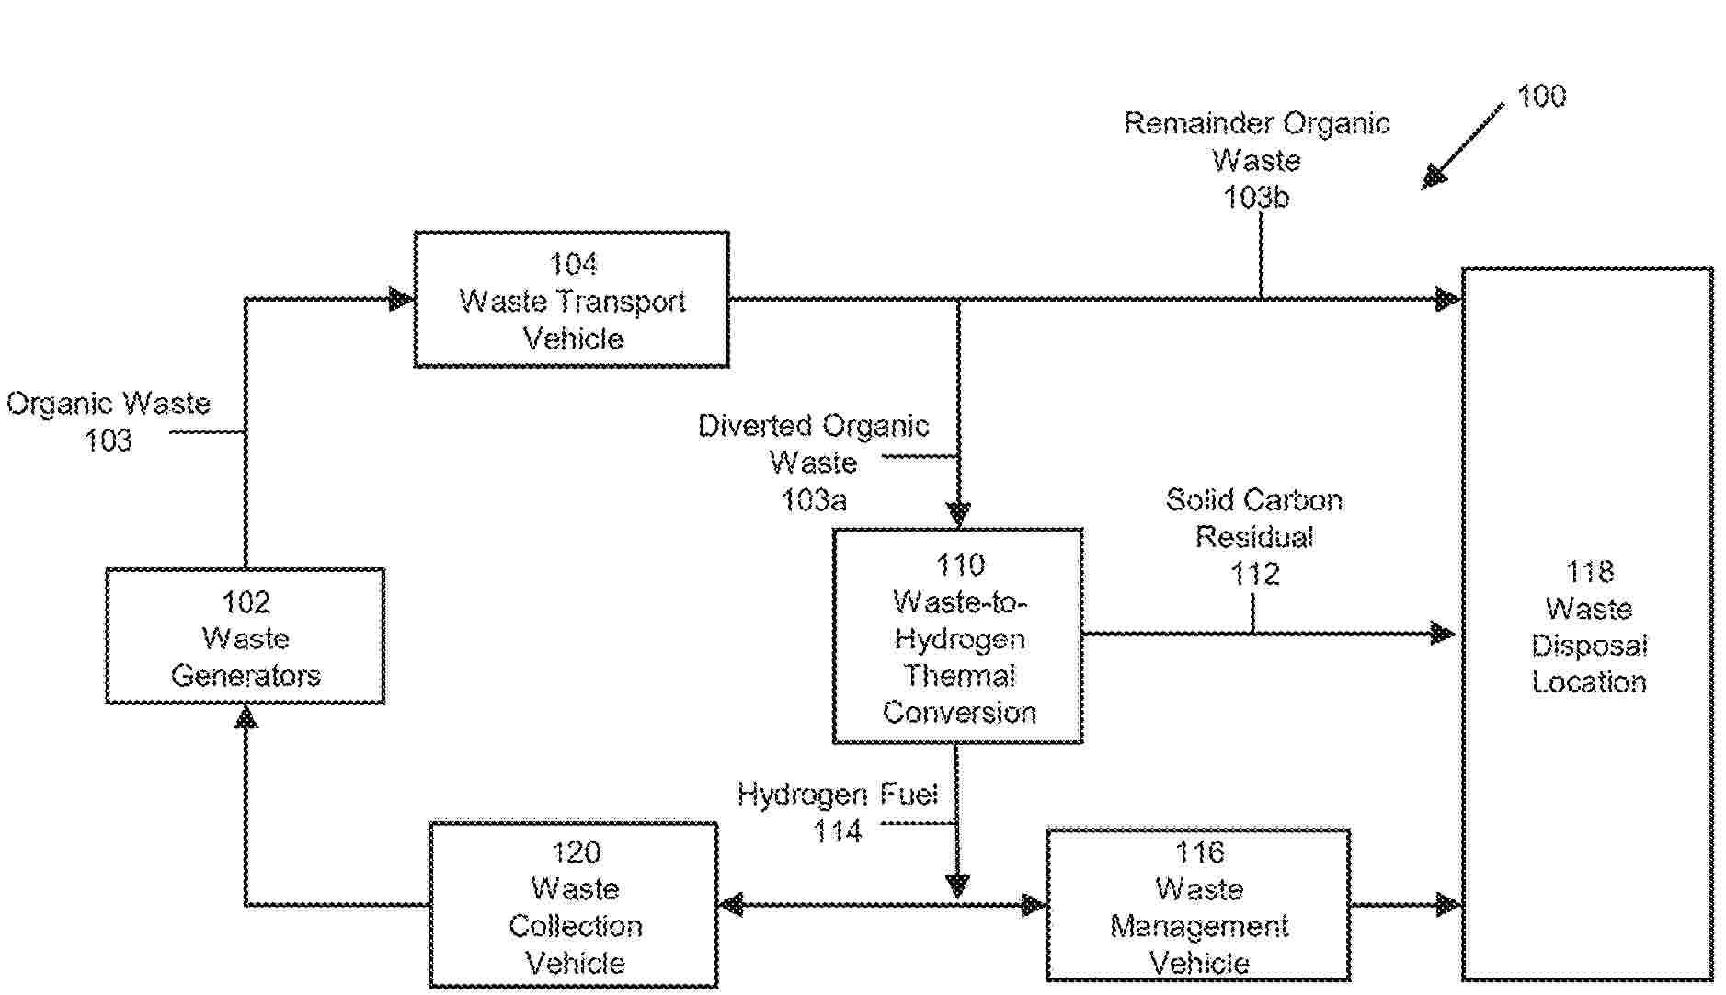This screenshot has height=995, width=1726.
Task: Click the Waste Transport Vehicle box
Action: tap(571, 300)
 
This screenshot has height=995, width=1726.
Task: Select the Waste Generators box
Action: tap(246, 636)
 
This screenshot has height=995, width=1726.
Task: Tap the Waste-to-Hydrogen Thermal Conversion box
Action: tap(957, 636)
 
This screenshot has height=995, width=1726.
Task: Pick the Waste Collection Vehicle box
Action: tap(574, 906)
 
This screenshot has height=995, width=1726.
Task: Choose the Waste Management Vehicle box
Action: tap(1198, 906)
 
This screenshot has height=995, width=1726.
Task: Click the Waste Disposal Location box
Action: tap(1587, 625)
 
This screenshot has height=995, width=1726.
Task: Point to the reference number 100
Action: tap(1541, 97)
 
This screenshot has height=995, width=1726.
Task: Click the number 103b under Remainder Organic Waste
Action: tap(1256, 197)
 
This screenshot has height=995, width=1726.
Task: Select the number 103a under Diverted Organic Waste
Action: tap(814, 500)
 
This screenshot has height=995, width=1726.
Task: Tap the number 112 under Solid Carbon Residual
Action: tap(1254, 575)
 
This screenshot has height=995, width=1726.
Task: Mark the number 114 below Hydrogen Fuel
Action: tap(837, 832)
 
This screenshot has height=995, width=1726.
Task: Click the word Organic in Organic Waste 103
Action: tap(61, 404)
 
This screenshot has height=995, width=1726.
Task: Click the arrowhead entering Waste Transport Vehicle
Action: tap(402, 299)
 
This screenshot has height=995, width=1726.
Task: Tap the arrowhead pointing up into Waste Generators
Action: tap(246, 716)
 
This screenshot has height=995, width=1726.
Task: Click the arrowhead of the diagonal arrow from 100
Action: tap(1433, 177)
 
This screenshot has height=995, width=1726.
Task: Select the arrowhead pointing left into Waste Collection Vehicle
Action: tap(731, 906)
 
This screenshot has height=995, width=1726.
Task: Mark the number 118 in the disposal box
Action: tap(1589, 572)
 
